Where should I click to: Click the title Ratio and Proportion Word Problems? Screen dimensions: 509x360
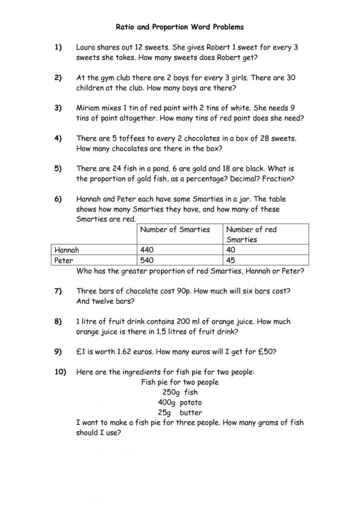coord(180,27)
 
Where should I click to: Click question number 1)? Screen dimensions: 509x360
coord(58,47)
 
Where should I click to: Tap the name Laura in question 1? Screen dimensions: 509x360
coord(86,47)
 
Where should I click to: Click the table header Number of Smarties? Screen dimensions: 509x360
coord(175,230)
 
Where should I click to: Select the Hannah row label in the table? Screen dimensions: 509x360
coord(67,250)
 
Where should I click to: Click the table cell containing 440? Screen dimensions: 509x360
coord(147,250)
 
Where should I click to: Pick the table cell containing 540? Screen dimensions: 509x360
coord(147,260)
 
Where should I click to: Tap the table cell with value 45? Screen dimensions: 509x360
coord(230,260)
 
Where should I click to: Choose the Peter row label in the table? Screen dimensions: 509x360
coord(64,260)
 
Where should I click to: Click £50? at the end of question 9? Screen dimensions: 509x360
coord(267,352)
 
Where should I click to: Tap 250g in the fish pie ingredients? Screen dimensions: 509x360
coord(168,392)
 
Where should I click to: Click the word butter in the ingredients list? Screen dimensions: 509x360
coord(190,413)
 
